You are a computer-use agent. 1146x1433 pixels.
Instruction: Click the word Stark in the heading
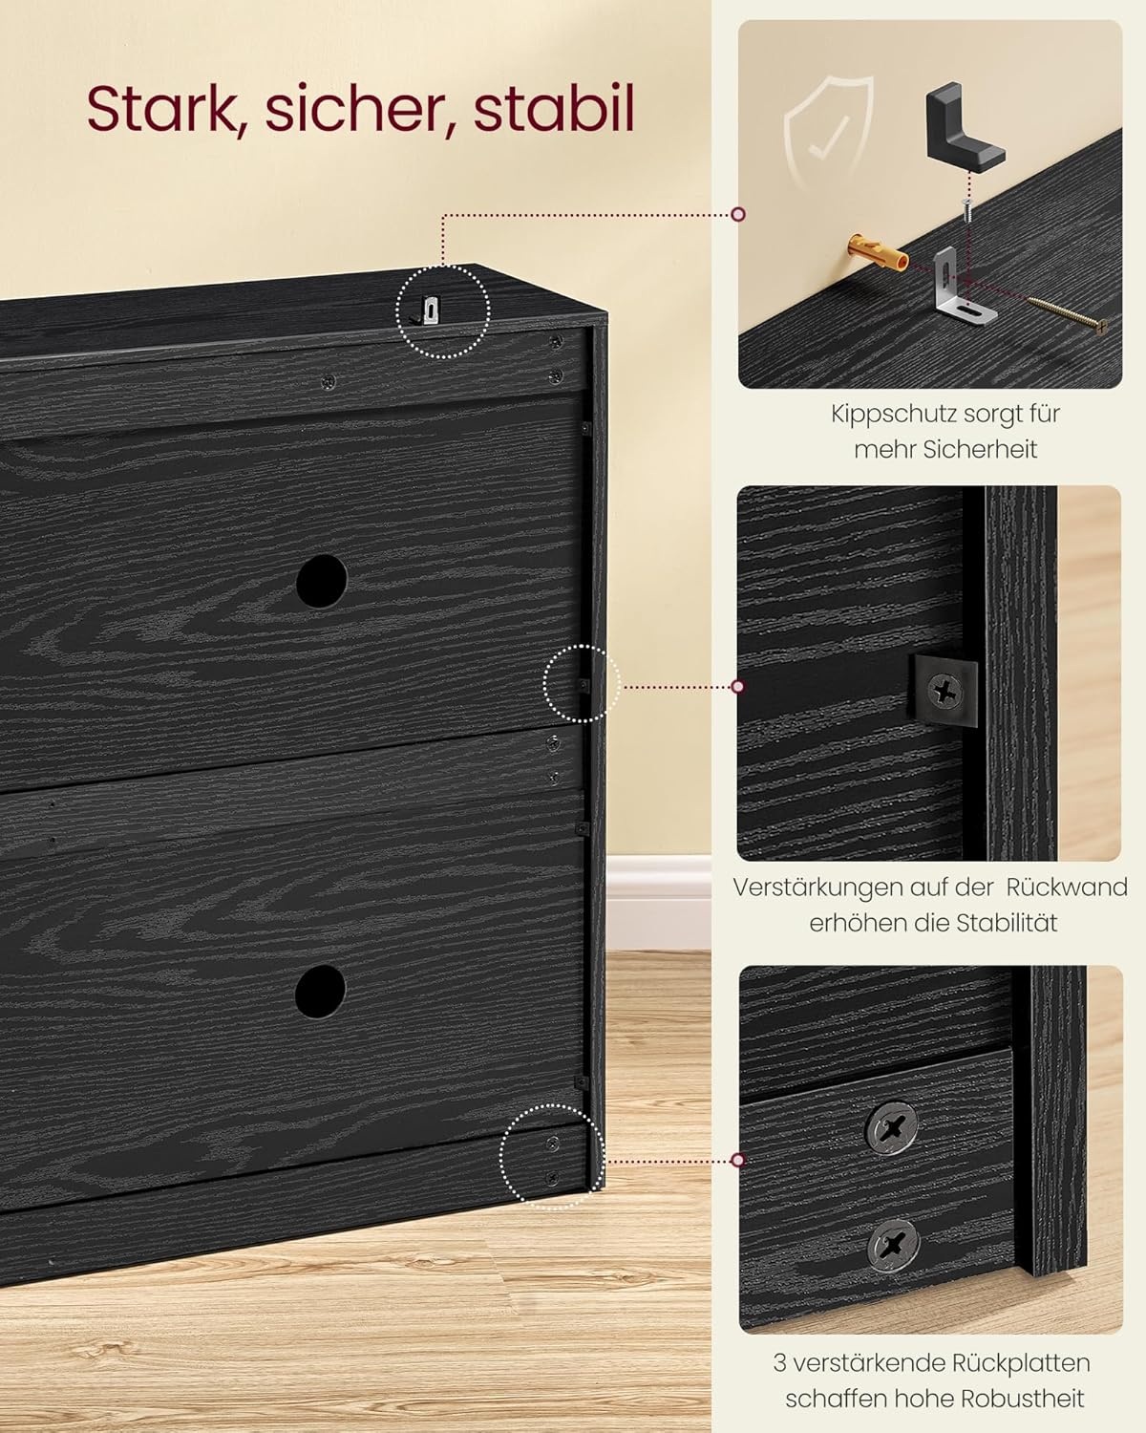(x=159, y=109)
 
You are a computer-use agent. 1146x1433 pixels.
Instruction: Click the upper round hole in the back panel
(x=321, y=581)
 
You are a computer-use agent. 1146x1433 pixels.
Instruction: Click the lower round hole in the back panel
(x=320, y=991)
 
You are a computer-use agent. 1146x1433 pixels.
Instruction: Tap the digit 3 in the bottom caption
(x=780, y=1362)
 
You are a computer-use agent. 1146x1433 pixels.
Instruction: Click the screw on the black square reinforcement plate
(x=945, y=691)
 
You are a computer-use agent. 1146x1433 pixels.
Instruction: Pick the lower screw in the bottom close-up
(x=894, y=1244)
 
